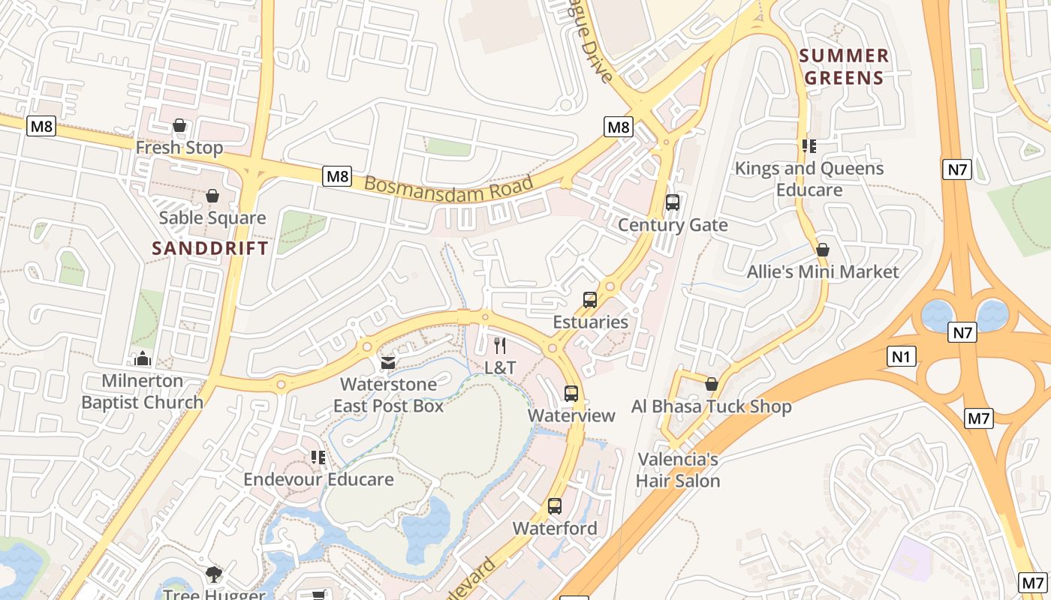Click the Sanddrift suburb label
pyautogui.click(x=210, y=248)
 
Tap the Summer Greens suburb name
pyautogui.click(x=845, y=67)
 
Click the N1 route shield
pyautogui.click(x=902, y=357)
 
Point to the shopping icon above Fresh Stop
pyautogui.click(x=179, y=125)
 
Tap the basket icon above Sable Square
pyautogui.click(x=212, y=196)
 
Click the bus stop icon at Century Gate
pyautogui.click(x=673, y=202)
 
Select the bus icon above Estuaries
pyautogui.click(x=590, y=300)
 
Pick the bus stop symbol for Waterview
pyautogui.click(x=571, y=394)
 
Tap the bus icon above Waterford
pyautogui.click(x=555, y=506)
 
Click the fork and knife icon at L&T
pyautogui.click(x=500, y=346)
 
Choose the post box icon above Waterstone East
pyautogui.click(x=388, y=363)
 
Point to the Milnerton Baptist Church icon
pyautogui.click(x=143, y=359)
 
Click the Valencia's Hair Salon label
pyautogui.click(x=678, y=470)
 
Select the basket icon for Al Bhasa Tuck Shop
pyautogui.click(x=712, y=385)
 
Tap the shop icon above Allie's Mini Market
pyautogui.click(x=823, y=250)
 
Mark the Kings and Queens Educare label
pyautogui.click(x=809, y=178)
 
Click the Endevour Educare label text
pyautogui.click(x=318, y=479)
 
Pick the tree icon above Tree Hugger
pyautogui.click(x=214, y=574)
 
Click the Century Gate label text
pyautogui.click(x=673, y=225)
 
